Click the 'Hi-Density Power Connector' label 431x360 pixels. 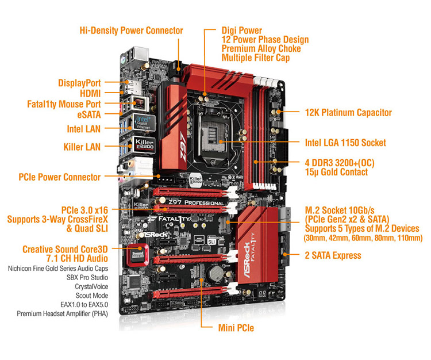pos(131,30)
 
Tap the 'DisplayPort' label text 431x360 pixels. pos(79,83)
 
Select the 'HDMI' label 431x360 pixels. pos(90,94)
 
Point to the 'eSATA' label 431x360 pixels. pos(88,114)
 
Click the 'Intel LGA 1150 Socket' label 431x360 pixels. pos(345,143)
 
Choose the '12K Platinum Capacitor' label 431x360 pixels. pos(348,113)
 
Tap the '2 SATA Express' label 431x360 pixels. pos(333,255)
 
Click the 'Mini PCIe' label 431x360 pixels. pos(236,328)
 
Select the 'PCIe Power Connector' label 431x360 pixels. pos(59,177)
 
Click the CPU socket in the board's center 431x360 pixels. pos(211,136)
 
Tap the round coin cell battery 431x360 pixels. pos(216,273)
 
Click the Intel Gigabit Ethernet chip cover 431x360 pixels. pos(144,122)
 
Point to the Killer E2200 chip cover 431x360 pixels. pos(144,145)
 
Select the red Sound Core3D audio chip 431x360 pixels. pos(138,255)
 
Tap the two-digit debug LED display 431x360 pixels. pos(262,294)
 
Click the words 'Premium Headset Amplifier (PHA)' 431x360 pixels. pos(63,313)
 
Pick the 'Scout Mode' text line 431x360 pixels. pos(92,296)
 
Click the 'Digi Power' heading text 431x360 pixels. pos(241,30)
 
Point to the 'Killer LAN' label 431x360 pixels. pos(82,147)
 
